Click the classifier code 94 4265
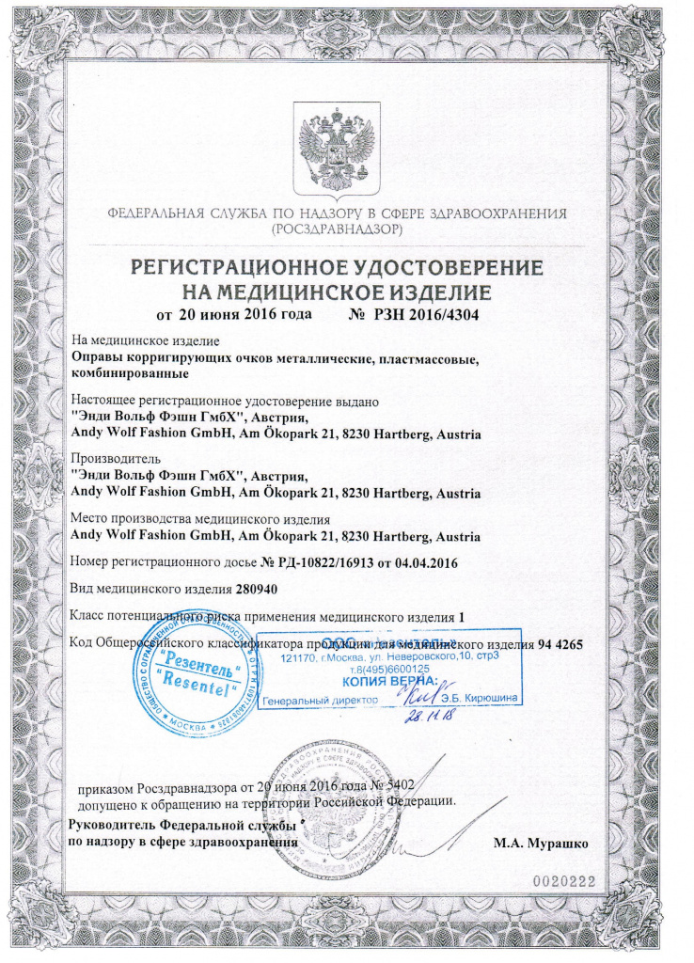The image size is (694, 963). [x=562, y=643]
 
